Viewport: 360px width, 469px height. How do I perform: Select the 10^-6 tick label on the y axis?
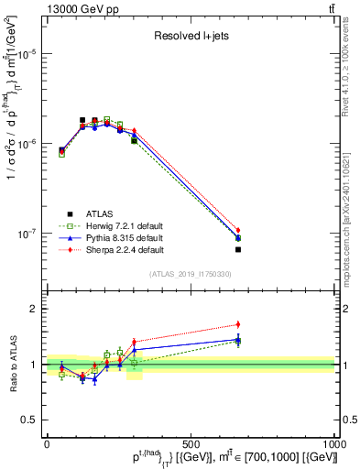click(x=27, y=144)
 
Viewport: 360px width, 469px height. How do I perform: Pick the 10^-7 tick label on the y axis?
click(x=27, y=234)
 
